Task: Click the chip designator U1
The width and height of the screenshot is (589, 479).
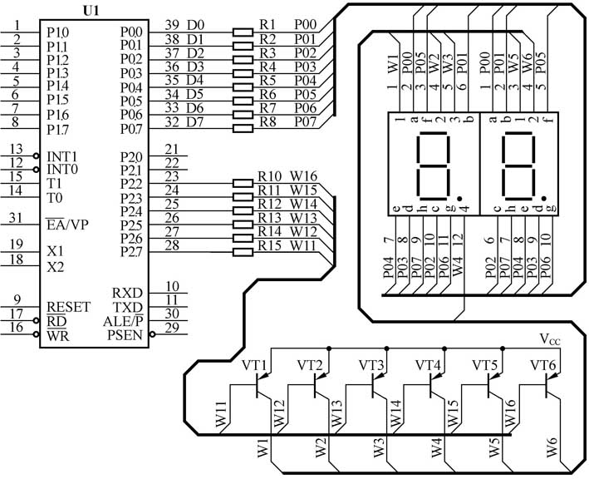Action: pos(94,11)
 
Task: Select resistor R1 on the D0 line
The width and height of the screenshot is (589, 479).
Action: pos(242,33)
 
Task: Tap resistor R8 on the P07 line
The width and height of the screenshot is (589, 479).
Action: pos(242,129)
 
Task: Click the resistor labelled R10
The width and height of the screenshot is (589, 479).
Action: pos(242,181)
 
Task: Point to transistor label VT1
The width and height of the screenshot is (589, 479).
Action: pos(254,366)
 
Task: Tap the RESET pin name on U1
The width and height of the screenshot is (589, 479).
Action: pos(68,307)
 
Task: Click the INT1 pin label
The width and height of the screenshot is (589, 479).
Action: pos(62,156)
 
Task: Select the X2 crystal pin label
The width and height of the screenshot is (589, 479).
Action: pos(55,267)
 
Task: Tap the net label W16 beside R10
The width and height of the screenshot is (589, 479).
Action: pos(303,176)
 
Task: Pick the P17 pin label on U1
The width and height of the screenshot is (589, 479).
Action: pos(57,130)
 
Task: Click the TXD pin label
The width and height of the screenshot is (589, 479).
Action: pos(127,307)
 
